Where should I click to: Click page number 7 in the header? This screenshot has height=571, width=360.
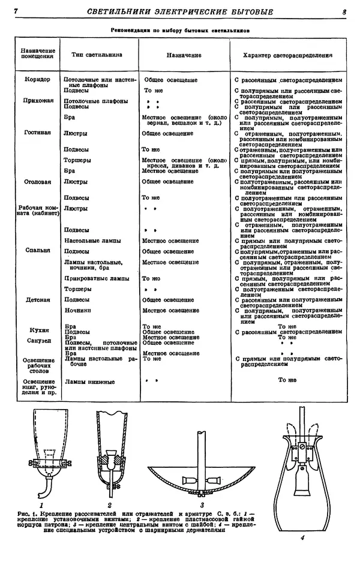tap(16, 11)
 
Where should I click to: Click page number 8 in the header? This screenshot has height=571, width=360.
tap(345, 11)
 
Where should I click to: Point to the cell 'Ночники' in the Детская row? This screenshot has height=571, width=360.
tap(78, 311)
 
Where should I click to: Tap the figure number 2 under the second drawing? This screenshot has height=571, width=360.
tap(110, 495)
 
